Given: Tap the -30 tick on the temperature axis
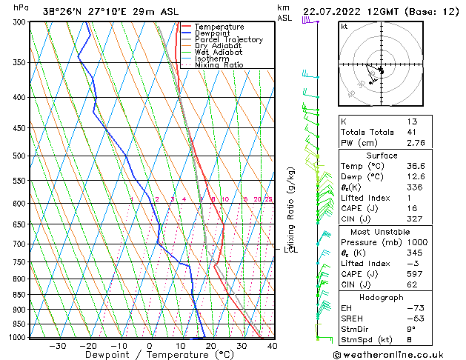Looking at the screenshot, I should (x=57, y=345).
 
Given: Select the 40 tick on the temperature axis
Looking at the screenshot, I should (x=272, y=345).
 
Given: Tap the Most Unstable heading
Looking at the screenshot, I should (x=376, y=232).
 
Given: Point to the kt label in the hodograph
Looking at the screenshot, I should (x=344, y=27).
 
